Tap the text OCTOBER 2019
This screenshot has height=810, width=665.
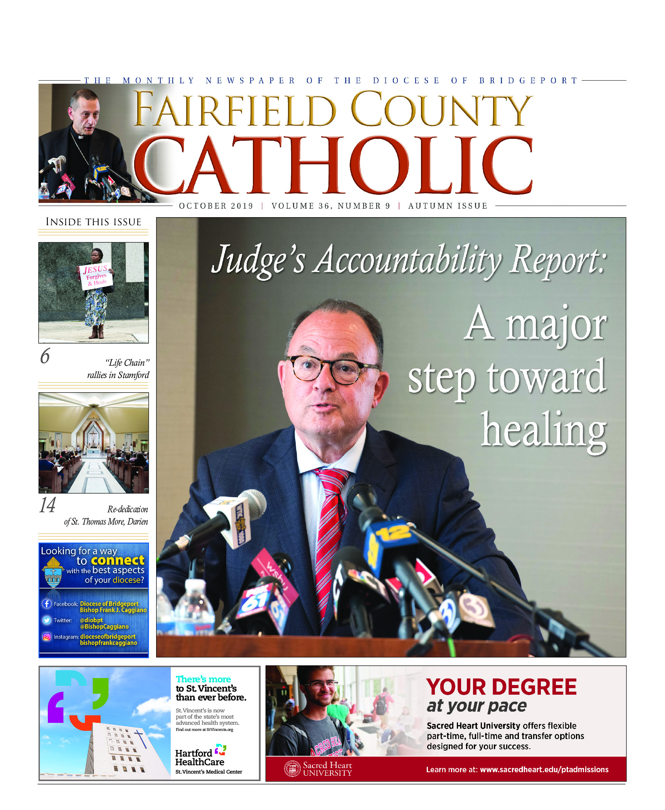pos(216,206)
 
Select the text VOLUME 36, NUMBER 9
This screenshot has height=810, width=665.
pos(331,206)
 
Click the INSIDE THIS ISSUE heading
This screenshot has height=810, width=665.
pos(93,222)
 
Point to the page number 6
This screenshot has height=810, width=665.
pos(45,356)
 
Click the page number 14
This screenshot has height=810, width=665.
pos(47,505)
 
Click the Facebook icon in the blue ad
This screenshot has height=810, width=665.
pos(47,604)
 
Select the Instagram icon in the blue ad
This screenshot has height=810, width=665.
pos(47,636)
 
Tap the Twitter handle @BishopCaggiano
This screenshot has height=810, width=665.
pos(104,627)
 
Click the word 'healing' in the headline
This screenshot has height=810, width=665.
pos(544,430)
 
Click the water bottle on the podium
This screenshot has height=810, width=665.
pos(195,609)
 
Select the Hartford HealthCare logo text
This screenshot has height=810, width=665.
pos(199,758)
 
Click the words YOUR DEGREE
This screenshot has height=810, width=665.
pos(501,687)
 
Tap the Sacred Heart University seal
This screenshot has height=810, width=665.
pos(292,769)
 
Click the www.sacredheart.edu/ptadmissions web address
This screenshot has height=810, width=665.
pos(544,769)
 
